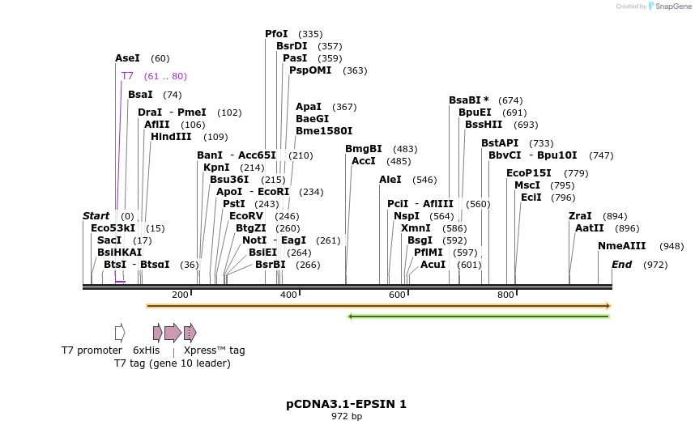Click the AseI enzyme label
click(127, 58)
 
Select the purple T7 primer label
click(127, 76)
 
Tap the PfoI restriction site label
click(276, 34)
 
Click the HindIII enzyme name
click(171, 137)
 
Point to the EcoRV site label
click(246, 216)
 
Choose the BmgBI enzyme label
click(364, 149)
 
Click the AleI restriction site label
click(390, 180)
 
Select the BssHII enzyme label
click(484, 125)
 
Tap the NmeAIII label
click(623, 246)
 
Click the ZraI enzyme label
click(580, 216)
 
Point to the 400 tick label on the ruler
click(288, 295)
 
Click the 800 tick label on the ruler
click(505, 295)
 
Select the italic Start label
click(96, 216)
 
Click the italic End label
click(621, 265)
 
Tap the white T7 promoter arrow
click(120, 332)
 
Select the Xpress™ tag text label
click(214, 350)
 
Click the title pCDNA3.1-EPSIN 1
click(346, 403)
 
